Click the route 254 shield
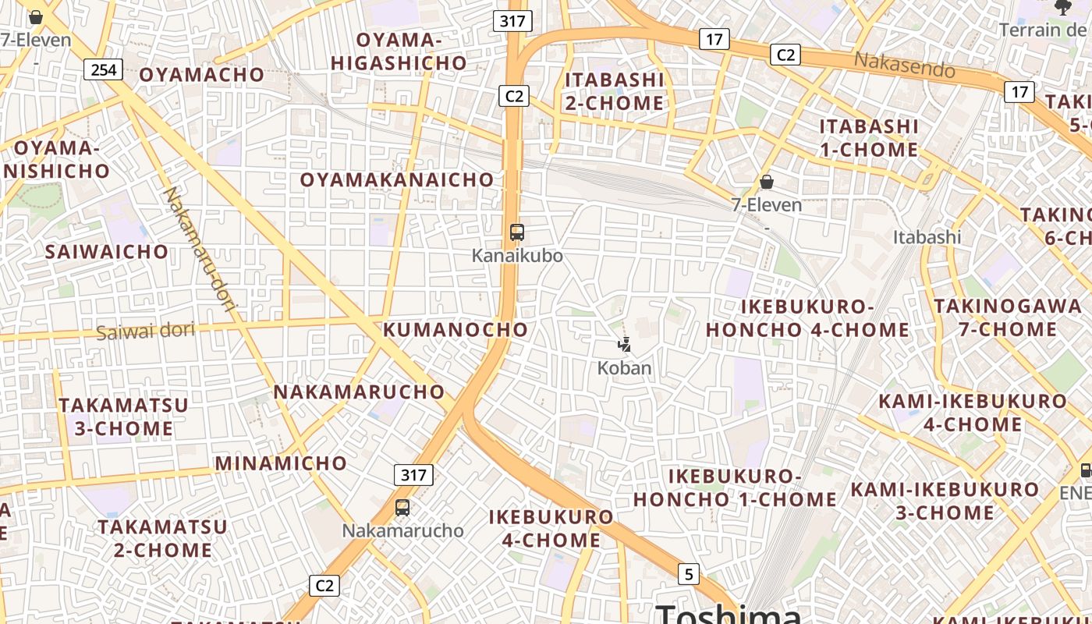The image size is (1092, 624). click(103, 70)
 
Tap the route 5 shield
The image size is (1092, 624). click(688, 574)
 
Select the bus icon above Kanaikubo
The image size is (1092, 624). click(516, 232)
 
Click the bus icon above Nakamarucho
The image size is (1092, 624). click(402, 507)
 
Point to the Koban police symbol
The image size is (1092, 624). click(624, 344)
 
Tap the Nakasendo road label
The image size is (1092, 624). click(904, 64)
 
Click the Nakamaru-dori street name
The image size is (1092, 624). click(198, 251)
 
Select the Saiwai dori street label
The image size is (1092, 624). click(145, 331)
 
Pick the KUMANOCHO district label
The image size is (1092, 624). click(456, 329)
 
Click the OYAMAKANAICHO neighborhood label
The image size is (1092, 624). click(397, 179)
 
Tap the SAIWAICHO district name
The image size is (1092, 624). click(106, 251)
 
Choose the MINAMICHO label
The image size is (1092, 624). click(281, 463)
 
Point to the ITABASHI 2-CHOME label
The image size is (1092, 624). click(614, 91)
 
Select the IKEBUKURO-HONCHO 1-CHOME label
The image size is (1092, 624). click(735, 487)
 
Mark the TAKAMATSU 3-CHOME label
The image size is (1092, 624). click(123, 417)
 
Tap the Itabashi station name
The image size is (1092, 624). click(927, 236)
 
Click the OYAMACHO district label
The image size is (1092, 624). click(202, 74)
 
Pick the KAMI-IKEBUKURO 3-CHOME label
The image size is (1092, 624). click(945, 501)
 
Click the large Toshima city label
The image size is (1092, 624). click(729, 613)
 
